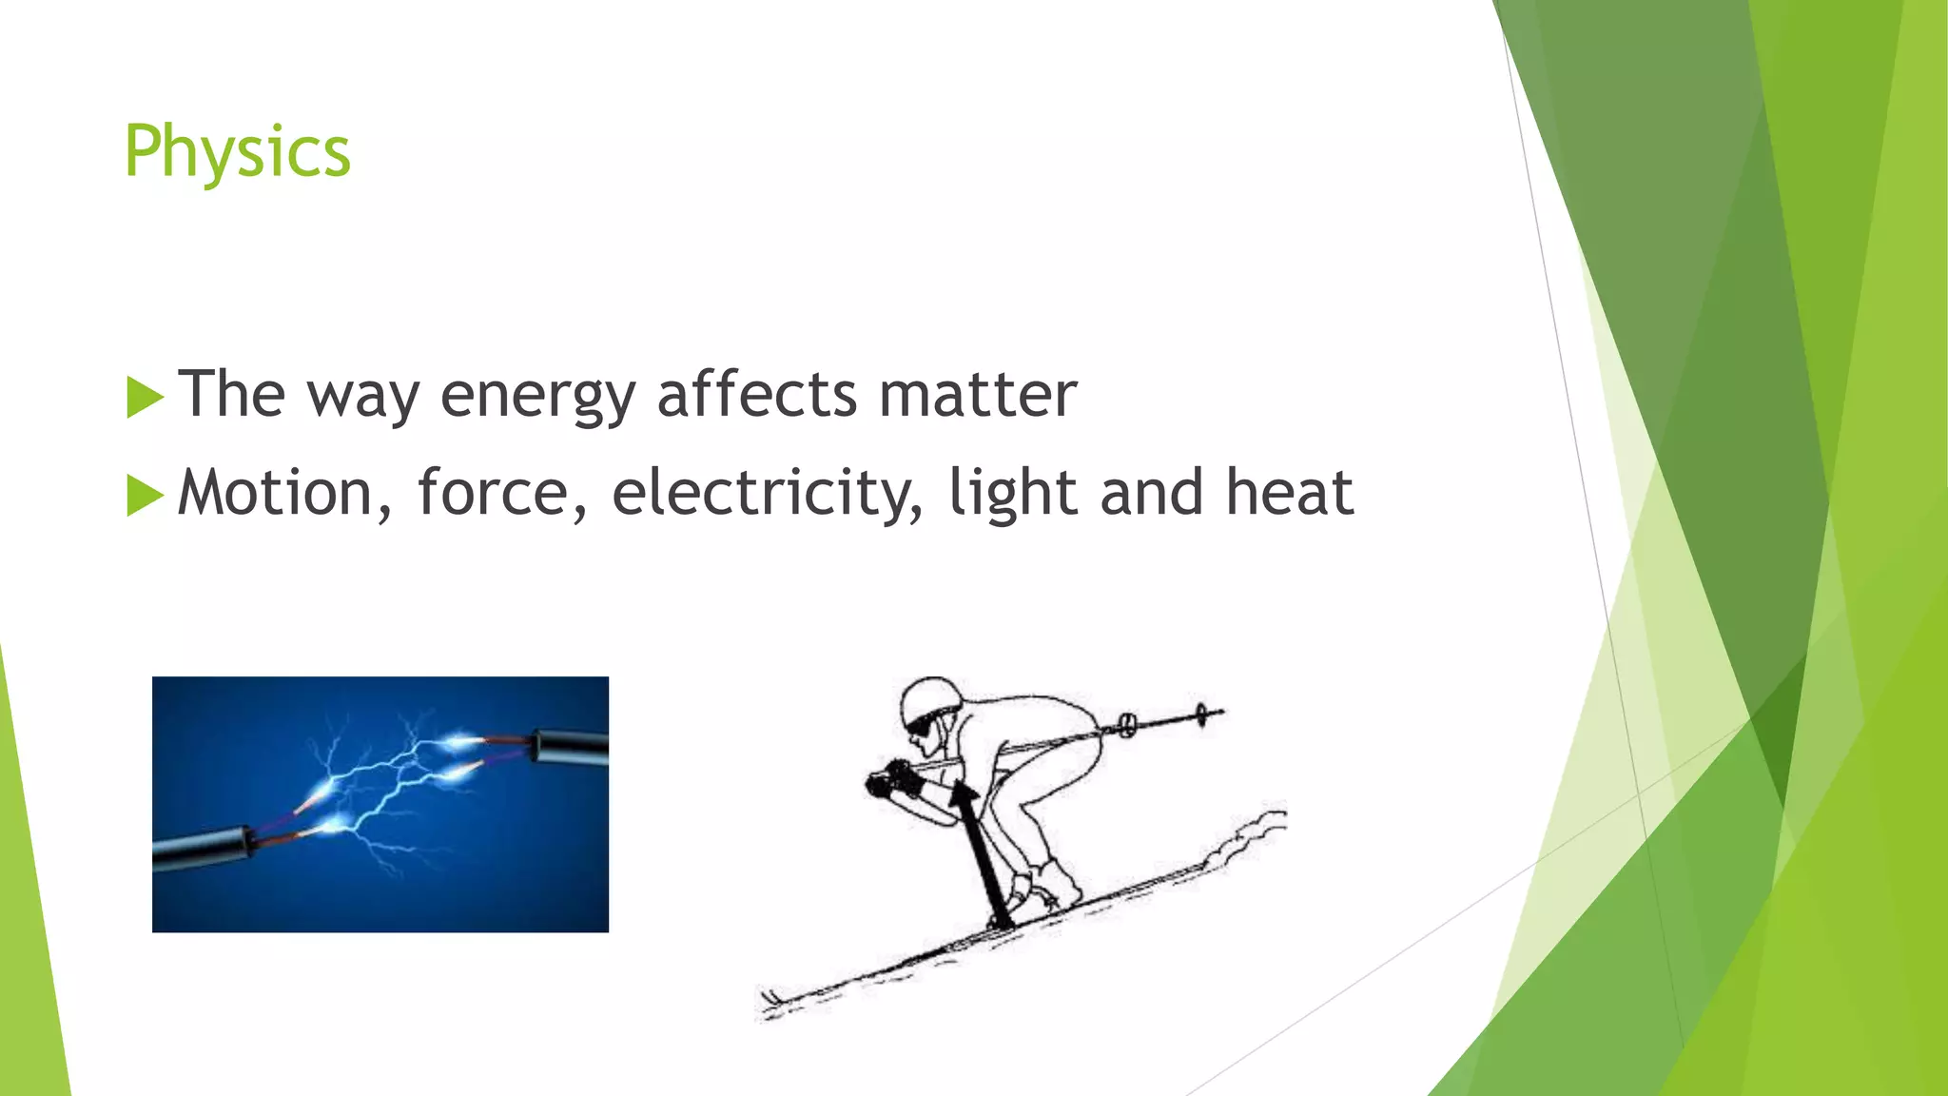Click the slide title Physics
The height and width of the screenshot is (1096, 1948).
pyautogui.click(x=237, y=152)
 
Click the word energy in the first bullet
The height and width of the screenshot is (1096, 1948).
pyautogui.click(x=537, y=396)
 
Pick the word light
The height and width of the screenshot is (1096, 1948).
pyautogui.click(x=1013, y=494)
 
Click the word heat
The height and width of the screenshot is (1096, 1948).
pyautogui.click(x=1289, y=494)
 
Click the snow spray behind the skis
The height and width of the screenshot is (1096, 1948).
pyautogui.click(x=1251, y=834)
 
